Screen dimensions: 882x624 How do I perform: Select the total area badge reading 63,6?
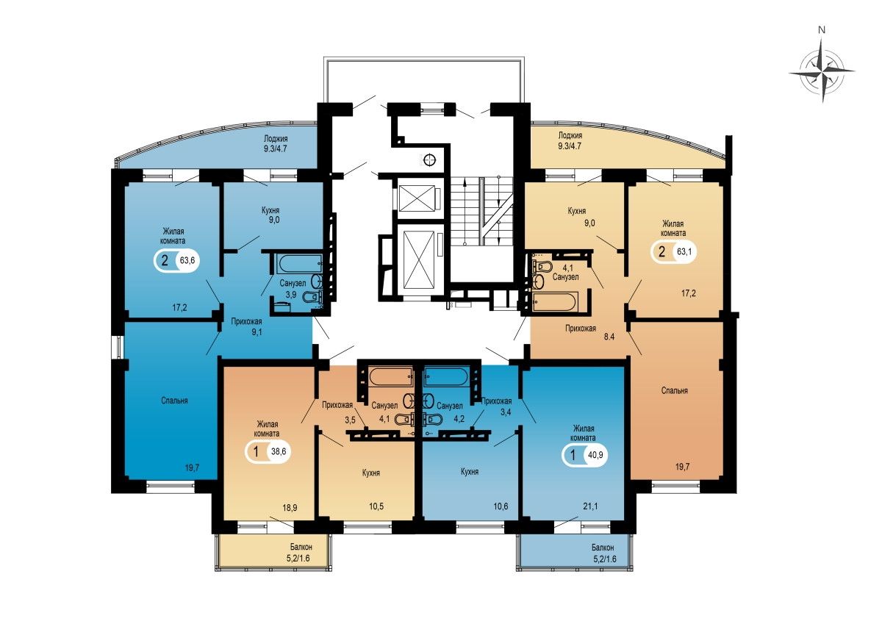pyautogui.click(x=176, y=260)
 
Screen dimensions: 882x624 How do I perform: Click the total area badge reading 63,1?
pyautogui.click(x=673, y=251)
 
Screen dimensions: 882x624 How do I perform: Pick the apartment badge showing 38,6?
pyautogui.click(x=268, y=451)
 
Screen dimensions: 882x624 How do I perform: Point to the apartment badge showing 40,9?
pyautogui.click(x=585, y=456)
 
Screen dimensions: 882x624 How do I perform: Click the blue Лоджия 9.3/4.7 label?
pyautogui.click(x=276, y=144)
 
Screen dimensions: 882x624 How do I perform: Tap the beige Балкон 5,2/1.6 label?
pyautogui.click(x=301, y=553)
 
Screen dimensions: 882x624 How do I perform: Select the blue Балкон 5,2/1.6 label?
pyautogui.click(x=603, y=553)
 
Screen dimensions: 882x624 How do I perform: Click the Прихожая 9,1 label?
pyautogui.click(x=246, y=327)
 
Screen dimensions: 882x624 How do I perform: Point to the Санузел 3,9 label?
pyautogui.click(x=293, y=289)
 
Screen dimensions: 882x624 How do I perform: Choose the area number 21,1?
pyautogui.click(x=590, y=506)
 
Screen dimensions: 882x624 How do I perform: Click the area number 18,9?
pyautogui.click(x=290, y=507)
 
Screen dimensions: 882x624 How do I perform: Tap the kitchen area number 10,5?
pyautogui.click(x=376, y=506)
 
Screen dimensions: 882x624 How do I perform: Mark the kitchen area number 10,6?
pyautogui.click(x=501, y=506)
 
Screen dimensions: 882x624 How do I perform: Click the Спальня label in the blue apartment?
pyautogui.click(x=174, y=401)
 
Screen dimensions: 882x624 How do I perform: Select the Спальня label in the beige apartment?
pyautogui.click(x=675, y=390)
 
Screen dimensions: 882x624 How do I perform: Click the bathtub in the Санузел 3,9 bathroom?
pyautogui.click(x=299, y=263)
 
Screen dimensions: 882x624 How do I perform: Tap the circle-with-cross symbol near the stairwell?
pyautogui.click(x=429, y=159)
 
